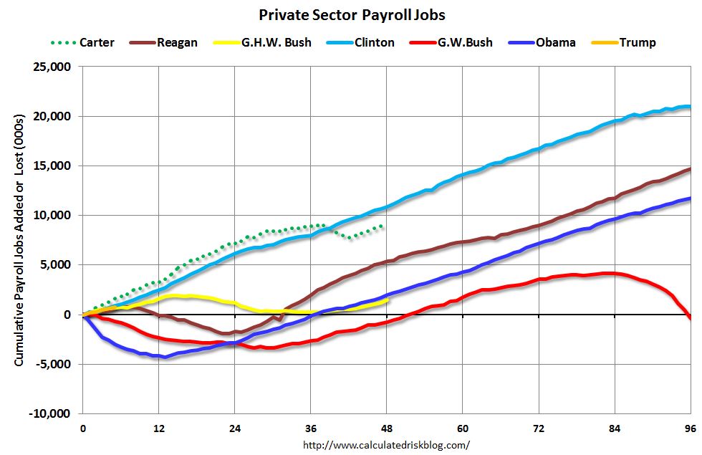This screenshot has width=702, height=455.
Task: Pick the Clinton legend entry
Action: point(373,42)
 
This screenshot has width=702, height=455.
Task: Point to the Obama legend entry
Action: point(555,42)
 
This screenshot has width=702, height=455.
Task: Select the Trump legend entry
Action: point(637,42)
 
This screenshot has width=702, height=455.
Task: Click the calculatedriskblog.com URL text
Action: point(391,445)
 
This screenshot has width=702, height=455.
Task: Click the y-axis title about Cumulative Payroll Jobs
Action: point(19,240)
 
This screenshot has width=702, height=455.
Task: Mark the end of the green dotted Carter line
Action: point(383,226)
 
